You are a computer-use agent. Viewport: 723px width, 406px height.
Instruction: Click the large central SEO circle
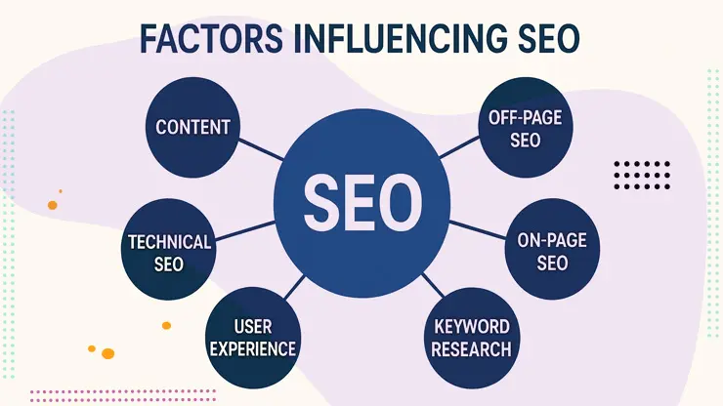pos(361,201)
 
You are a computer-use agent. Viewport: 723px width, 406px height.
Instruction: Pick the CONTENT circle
pos(192,127)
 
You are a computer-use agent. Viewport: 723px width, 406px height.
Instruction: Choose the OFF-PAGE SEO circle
pos(525,129)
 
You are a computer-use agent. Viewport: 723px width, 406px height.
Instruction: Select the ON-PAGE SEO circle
pos(550,253)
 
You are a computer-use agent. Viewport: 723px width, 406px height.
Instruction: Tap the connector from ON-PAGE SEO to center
pos(478,229)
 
